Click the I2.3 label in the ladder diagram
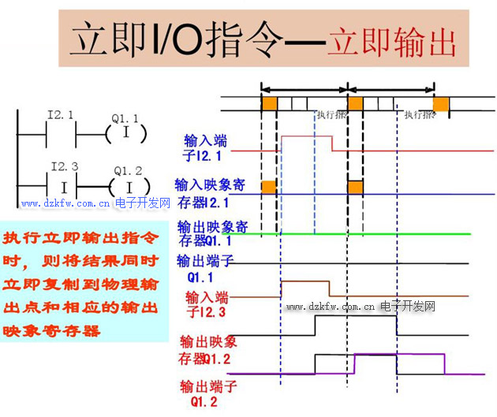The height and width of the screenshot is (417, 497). coord(64,167)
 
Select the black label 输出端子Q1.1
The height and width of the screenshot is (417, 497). coord(204,268)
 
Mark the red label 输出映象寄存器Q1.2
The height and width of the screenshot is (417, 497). coord(208,352)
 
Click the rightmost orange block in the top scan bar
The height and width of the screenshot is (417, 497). coord(441,103)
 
